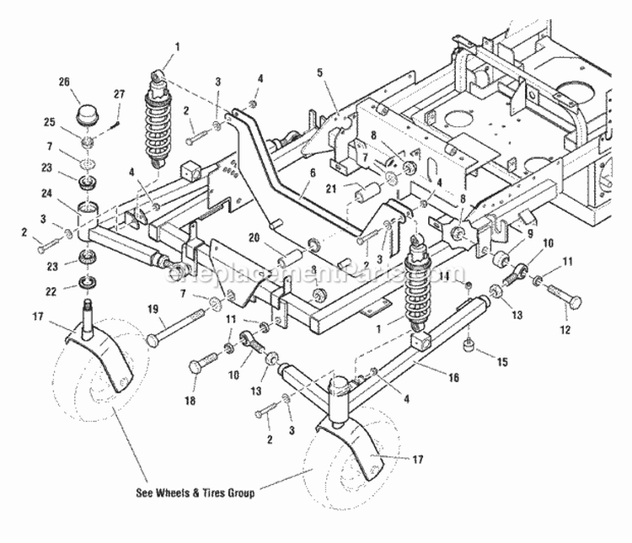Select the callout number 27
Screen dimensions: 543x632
120,93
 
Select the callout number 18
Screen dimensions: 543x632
189,402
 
